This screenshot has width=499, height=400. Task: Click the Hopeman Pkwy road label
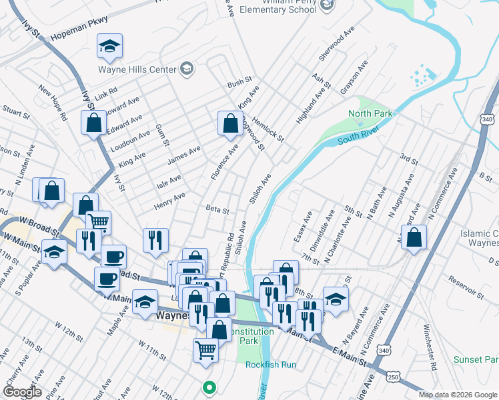[x=79, y=41]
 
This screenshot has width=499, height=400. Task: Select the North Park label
[x=370, y=114]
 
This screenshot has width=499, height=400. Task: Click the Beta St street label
[x=217, y=209]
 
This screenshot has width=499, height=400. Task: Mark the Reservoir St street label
[x=466, y=291]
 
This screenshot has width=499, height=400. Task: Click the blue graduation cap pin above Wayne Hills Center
[x=109, y=46]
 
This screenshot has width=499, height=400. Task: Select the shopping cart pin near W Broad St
[x=98, y=222]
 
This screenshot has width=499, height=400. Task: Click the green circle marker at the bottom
[x=209, y=387]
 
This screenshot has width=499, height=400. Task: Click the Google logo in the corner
[x=22, y=392]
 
